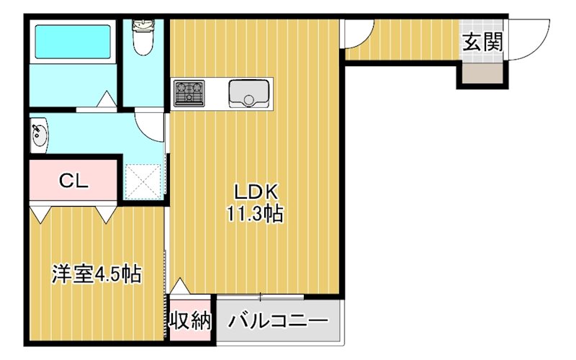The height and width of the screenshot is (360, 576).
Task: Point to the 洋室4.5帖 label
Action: click(x=95, y=274)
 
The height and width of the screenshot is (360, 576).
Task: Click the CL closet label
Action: click(x=73, y=181)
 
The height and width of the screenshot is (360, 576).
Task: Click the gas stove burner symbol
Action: click(x=189, y=93)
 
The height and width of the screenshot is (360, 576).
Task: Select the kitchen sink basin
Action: click(x=249, y=94)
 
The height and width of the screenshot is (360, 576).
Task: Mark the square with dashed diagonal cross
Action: click(x=143, y=181)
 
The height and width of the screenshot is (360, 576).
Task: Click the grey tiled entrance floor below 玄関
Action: click(x=482, y=73)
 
